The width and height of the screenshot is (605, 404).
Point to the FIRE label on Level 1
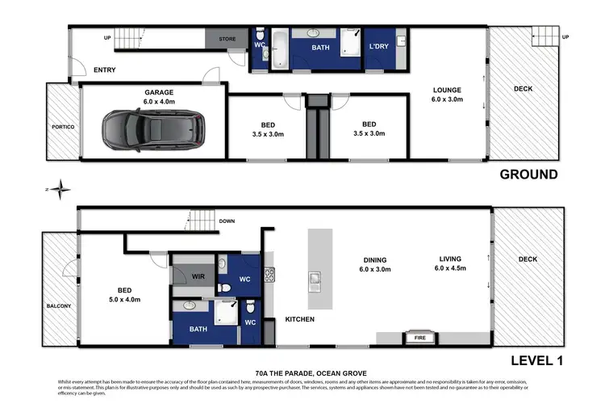pos(419,337)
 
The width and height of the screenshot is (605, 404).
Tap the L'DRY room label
pos(379,47)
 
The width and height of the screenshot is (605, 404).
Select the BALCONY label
pos(59,306)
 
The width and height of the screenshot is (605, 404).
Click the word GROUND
pos(528,174)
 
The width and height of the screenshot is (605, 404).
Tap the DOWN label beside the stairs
pos(227,221)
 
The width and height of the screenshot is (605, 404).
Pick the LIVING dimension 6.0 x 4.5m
pos(451,268)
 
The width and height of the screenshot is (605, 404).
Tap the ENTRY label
pos(105,70)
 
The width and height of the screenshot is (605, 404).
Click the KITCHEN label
pos(299,319)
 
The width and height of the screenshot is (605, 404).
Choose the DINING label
pos(373,259)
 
